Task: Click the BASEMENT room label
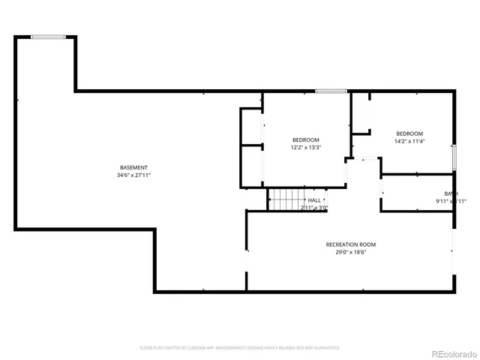[133, 167]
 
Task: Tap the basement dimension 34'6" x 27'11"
[133, 175]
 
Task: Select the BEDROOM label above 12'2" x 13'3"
[306, 139]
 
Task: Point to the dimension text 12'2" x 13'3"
[306, 148]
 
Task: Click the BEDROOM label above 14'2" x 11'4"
[409, 133]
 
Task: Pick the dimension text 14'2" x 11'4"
[409, 141]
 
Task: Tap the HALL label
[313, 200]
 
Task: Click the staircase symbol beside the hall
[285, 200]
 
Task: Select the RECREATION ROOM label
[350, 244]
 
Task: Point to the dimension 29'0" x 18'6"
[350, 253]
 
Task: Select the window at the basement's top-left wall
[46, 36]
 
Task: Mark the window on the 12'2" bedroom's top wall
[330, 91]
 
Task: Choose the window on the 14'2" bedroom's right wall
[454, 157]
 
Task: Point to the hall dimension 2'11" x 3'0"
[314, 208]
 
